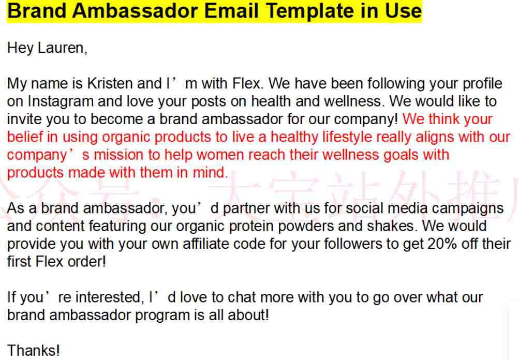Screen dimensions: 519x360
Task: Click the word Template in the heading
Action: point(310,10)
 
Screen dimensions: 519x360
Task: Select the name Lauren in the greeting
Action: point(62,48)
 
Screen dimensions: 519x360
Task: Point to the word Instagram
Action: point(61,101)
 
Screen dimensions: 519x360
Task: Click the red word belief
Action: point(25,137)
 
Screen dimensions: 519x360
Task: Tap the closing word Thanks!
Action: point(34,350)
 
